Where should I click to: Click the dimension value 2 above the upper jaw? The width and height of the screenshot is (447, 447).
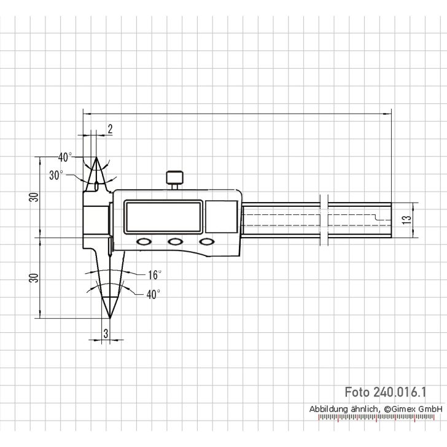tap(110, 128)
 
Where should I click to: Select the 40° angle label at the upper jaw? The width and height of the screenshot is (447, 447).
tap(66, 156)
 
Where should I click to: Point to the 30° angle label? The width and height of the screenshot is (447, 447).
tap(56, 175)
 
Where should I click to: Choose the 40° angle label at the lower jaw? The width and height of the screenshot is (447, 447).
tap(153, 294)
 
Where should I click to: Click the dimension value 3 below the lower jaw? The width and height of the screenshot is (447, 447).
tap(106, 334)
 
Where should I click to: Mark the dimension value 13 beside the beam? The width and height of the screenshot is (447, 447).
tap(405, 220)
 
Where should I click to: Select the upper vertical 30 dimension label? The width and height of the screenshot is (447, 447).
tap(34, 197)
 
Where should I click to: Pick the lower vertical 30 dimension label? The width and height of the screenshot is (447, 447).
tap(34, 278)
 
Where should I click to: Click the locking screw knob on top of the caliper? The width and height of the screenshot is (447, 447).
tap(174, 178)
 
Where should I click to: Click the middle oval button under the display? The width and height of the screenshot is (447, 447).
tap(176, 242)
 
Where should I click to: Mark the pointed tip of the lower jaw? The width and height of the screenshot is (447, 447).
tap(109, 317)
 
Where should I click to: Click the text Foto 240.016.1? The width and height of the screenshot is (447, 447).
tap(385, 392)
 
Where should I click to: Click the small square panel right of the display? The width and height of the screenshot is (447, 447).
tap(220, 218)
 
